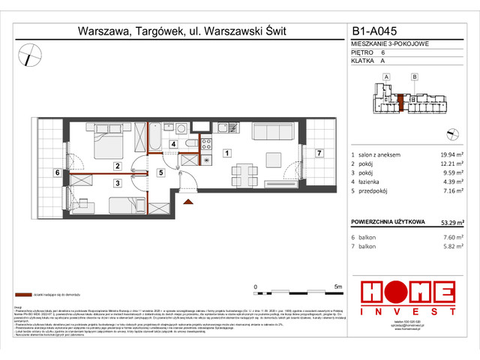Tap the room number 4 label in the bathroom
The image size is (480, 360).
[x=172, y=144]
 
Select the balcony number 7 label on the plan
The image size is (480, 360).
[x=319, y=154]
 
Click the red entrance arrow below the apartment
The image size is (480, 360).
[x=187, y=198]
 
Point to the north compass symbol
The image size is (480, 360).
[x=30, y=54]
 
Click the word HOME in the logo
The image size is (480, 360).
[x=407, y=291]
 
